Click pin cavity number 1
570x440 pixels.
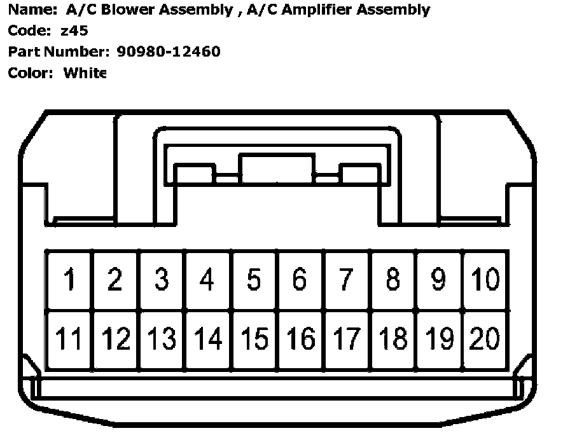[x=69, y=280]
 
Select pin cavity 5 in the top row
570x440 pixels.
[x=254, y=280]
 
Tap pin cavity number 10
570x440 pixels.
[x=485, y=280]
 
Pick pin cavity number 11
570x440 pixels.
[x=69, y=339]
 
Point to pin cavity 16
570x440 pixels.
[x=300, y=339]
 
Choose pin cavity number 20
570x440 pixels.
[x=485, y=339]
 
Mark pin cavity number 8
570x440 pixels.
[x=393, y=280]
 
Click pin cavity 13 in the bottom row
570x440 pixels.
[x=162, y=339]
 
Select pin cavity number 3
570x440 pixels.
[x=162, y=280]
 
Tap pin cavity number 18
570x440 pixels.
[x=393, y=339]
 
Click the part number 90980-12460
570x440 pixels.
[x=169, y=52]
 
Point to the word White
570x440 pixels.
[x=85, y=72]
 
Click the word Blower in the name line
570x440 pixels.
[x=120, y=10]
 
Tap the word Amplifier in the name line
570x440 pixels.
[x=323, y=10]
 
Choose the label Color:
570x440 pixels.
[x=31, y=72]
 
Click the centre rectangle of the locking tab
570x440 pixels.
[x=277, y=168]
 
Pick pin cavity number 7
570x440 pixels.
[x=346, y=280]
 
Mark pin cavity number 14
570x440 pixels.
[x=208, y=339]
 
